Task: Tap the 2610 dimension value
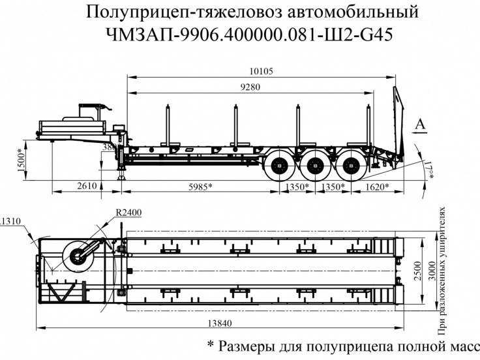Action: point(85,187)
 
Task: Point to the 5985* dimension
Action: point(198,187)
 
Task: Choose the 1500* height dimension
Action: point(20,160)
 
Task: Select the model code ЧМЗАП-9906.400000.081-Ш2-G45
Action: point(239,34)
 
